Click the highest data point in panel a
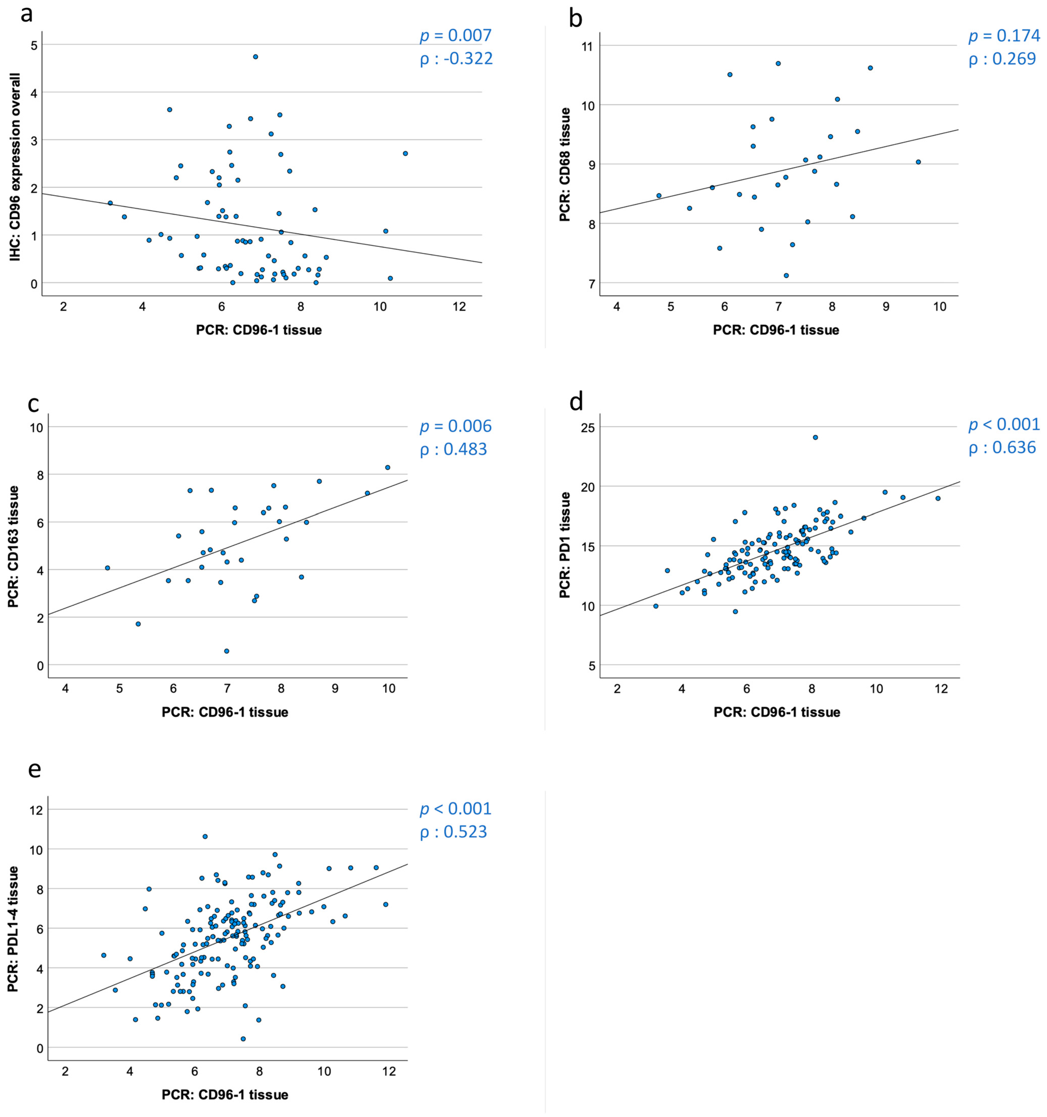coord(255,57)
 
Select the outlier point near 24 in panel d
coord(815,437)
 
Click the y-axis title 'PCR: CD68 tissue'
coord(565,165)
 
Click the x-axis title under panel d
coord(777,712)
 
